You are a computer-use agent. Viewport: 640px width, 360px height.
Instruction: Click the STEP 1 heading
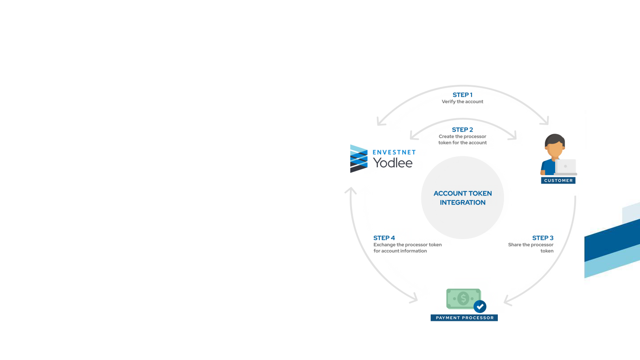coord(462,95)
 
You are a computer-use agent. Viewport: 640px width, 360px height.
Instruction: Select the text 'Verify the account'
coord(462,102)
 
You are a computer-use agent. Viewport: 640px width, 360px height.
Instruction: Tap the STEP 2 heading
coord(462,130)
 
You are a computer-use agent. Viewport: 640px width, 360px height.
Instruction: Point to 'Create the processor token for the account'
coord(462,140)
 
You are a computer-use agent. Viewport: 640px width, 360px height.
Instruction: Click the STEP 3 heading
coord(543,238)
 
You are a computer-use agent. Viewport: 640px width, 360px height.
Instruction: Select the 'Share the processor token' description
coord(531,248)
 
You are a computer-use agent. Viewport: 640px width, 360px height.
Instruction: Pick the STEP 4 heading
coord(384,238)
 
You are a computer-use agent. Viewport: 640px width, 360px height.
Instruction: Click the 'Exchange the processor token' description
coord(408,248)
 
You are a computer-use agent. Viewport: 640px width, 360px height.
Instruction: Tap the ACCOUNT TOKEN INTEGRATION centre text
coord(463,198)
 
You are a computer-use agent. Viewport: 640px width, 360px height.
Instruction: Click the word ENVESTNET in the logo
coord(394,152)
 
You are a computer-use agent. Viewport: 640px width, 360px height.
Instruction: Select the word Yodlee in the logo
coord(392,163)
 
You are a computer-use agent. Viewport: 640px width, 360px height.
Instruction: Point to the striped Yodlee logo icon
coord(359,159)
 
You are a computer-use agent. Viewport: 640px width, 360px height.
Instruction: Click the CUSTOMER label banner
coord(558,180)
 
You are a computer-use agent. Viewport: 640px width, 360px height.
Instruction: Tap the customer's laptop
coord(565,167)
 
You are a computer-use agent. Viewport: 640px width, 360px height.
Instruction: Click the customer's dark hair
coord(555,139)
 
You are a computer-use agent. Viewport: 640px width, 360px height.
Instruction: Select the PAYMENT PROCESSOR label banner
coord(464,318)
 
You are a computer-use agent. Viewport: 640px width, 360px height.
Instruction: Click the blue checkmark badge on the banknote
coord(480,307)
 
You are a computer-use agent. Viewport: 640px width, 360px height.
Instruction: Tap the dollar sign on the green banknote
coord(463,299)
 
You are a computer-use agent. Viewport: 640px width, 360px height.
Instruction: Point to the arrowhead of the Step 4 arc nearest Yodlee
coord(351,190)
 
